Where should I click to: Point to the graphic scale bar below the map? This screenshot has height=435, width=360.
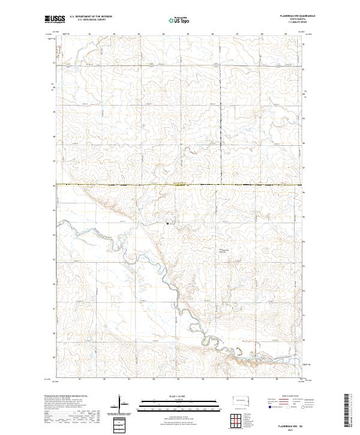pyautogui.click(x=170, y=403)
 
